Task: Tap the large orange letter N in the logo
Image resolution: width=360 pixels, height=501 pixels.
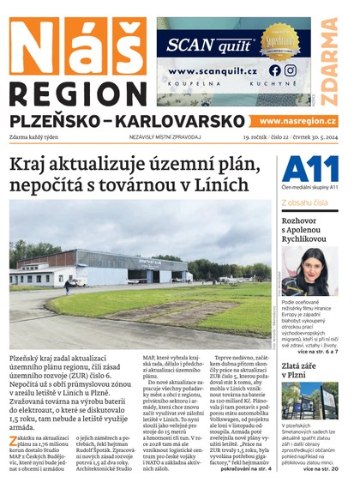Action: click(33, 47)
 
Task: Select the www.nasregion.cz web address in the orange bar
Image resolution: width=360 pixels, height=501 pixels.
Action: click(297, 122)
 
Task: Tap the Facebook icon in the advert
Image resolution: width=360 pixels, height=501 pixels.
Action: click(275, 70)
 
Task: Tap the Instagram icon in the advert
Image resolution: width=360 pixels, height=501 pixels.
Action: click(291, 70)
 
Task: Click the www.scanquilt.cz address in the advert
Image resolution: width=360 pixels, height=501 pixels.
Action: click(213, 71)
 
